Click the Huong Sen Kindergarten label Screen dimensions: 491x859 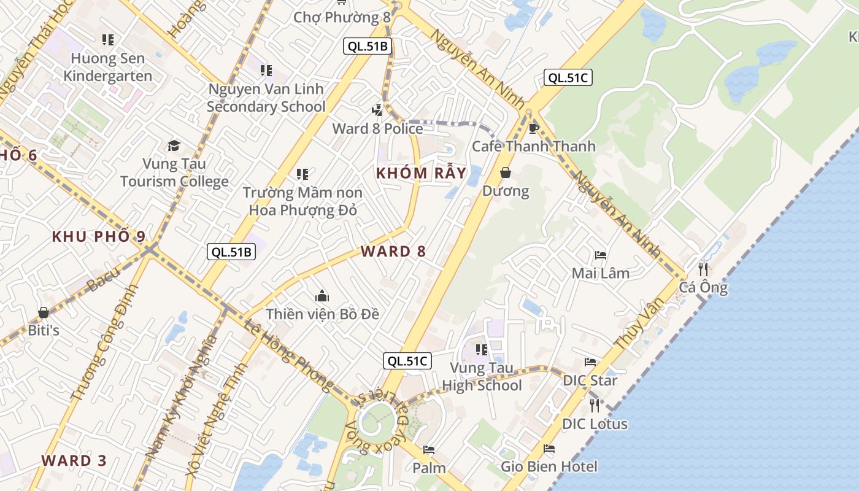pos(108,68)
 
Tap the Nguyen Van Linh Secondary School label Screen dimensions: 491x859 pos(266,98)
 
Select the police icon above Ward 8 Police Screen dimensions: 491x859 pos(377,110)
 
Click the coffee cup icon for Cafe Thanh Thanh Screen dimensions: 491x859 pos(533,128)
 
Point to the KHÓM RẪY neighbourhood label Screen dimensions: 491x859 pos(422,173)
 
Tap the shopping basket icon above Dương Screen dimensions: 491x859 pos(506,172)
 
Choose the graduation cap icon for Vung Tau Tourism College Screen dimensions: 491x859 pos(174,145)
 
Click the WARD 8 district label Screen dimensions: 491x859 pos(393,252)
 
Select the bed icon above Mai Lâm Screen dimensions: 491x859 pos(601,255)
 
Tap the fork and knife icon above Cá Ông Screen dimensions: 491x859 pos(703,269)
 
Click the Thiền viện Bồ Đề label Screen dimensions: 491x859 pos(322,314)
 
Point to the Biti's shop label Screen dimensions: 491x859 pos(44,330)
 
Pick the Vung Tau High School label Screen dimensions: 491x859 pos(482,377)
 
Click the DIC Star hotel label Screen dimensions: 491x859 pos(590,381)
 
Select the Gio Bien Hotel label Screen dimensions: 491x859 pos(549,467)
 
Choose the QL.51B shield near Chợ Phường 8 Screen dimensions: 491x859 pos(368,46)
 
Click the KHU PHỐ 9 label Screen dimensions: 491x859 pos(99,237)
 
